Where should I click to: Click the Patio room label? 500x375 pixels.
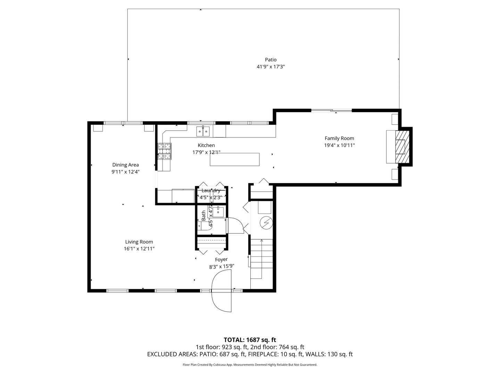(270, 60)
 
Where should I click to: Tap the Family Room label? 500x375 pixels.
(339, 138)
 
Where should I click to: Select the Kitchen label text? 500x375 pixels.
(206, 145)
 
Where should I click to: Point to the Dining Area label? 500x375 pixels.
(125, 165)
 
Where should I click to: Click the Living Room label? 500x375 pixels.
(139, 242)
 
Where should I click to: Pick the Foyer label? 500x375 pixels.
(221, 260)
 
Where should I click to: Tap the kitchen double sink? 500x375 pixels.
(203, 132)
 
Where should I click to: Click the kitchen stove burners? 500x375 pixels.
(165, 151)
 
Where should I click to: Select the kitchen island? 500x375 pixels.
(235, 159)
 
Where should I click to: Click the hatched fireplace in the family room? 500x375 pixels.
(402, 147)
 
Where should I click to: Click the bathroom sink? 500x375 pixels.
(218, 212)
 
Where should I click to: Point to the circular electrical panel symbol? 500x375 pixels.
(266, 223)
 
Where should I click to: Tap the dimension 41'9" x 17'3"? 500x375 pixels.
(270, 67)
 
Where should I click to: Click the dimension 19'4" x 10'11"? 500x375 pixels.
(339, 145)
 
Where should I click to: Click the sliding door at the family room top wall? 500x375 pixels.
(332, 111)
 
